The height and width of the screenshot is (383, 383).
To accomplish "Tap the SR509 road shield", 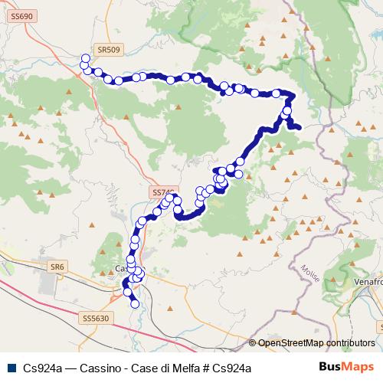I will [109, 49].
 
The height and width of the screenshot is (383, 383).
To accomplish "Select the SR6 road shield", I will [55, 266].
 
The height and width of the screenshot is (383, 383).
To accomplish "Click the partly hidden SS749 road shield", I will [163, 192].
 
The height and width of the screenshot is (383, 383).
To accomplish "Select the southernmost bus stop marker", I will [135, 304].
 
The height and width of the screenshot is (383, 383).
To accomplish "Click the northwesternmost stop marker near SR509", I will [85, 57].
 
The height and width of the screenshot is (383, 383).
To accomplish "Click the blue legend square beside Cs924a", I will [11, 368].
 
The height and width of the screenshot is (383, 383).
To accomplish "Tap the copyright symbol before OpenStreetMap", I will [252, 343].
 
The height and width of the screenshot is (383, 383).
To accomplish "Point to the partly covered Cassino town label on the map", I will [120, 269].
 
